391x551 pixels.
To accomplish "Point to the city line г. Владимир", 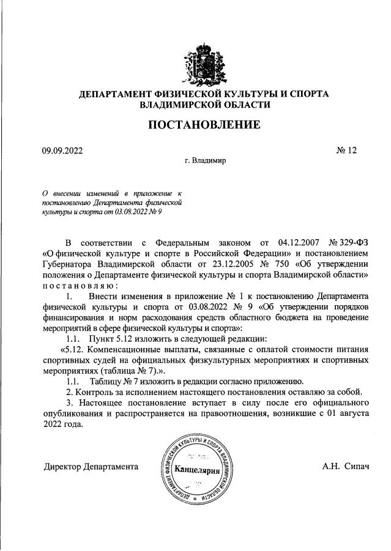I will click(205, 162).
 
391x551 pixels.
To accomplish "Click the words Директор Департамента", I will click(91, 467).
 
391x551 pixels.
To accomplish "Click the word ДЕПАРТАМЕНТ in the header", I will click(121, 94).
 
